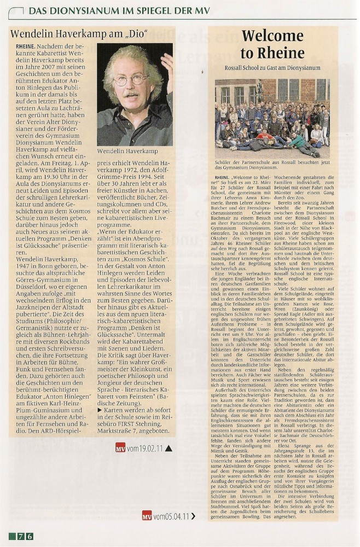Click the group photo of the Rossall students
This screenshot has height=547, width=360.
point(272,118)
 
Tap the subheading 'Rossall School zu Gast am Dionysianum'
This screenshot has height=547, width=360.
point(272,68)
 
